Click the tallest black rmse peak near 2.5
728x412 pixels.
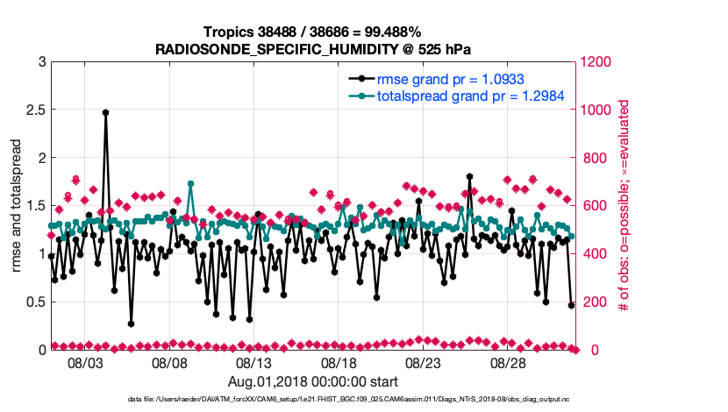(105, 112)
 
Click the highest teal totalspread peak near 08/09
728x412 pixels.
(190, 184)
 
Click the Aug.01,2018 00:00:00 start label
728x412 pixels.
(313, 382)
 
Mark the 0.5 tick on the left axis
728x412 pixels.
(36, 302)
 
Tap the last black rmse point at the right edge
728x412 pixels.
(571, 305)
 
